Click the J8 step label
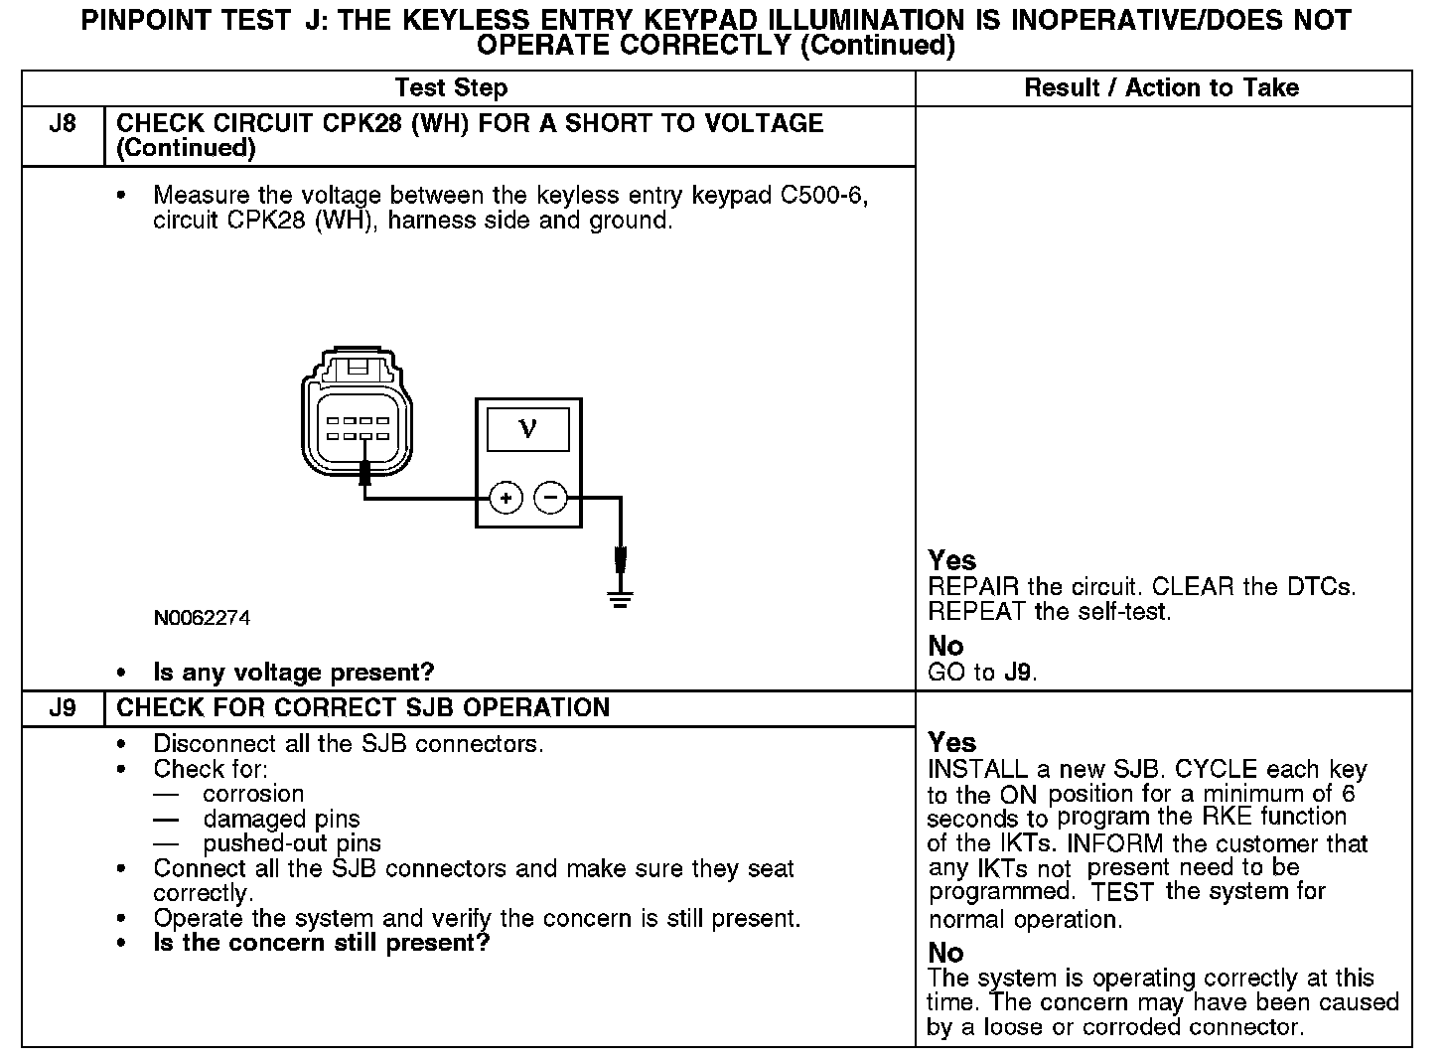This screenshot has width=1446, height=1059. coord(63,125)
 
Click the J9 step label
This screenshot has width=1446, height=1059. coord(63,708)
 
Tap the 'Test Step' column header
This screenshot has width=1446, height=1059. coord(451,87)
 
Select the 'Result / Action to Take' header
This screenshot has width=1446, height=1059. coord(1161,87)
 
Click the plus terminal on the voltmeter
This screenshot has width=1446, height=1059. coord(506,497)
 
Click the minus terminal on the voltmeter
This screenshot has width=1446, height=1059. coord(551,497)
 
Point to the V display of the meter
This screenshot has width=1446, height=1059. coord(527,428)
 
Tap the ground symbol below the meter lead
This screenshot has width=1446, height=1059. coord(621,598)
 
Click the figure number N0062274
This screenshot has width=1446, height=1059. coord(202,618)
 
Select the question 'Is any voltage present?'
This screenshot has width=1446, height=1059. coord(293,673)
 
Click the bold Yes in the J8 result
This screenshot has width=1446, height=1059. coord(951,560)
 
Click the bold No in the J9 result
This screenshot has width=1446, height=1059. coord(945,953)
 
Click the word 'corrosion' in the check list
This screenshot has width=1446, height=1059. coord(253,794)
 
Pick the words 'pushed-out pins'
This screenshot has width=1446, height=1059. coord(292,843)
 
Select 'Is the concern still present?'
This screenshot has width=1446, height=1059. coord(322,943)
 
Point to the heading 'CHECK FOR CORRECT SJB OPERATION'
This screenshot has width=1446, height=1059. coord(363,708)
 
